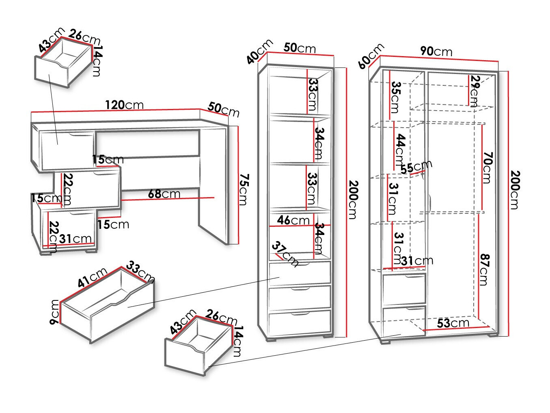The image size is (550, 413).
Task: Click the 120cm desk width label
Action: [x=124, y=105]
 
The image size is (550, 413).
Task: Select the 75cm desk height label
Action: [x=243, y=189]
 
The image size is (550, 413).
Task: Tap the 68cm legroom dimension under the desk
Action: [x=164, y=194]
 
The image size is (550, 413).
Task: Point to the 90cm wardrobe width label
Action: [x=436, y=51]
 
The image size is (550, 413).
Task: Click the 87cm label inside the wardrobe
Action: [x=483, y=269]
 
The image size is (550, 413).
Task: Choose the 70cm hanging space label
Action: [x=487, y=168]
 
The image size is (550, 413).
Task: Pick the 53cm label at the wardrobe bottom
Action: [x=453, y=323]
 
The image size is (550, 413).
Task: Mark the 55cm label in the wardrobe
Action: [x=416, y=166]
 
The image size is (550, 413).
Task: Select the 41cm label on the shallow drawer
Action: [x=93, y=278]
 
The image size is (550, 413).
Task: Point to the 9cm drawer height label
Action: [x=54, y=312]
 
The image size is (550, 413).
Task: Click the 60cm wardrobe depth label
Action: [x=371, y=56]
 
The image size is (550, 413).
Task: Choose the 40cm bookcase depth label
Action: [x=259, y=52]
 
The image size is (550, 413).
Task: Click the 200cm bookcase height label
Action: [x=352, y=199]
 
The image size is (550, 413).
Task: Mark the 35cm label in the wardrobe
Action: [x=396, y=97]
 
